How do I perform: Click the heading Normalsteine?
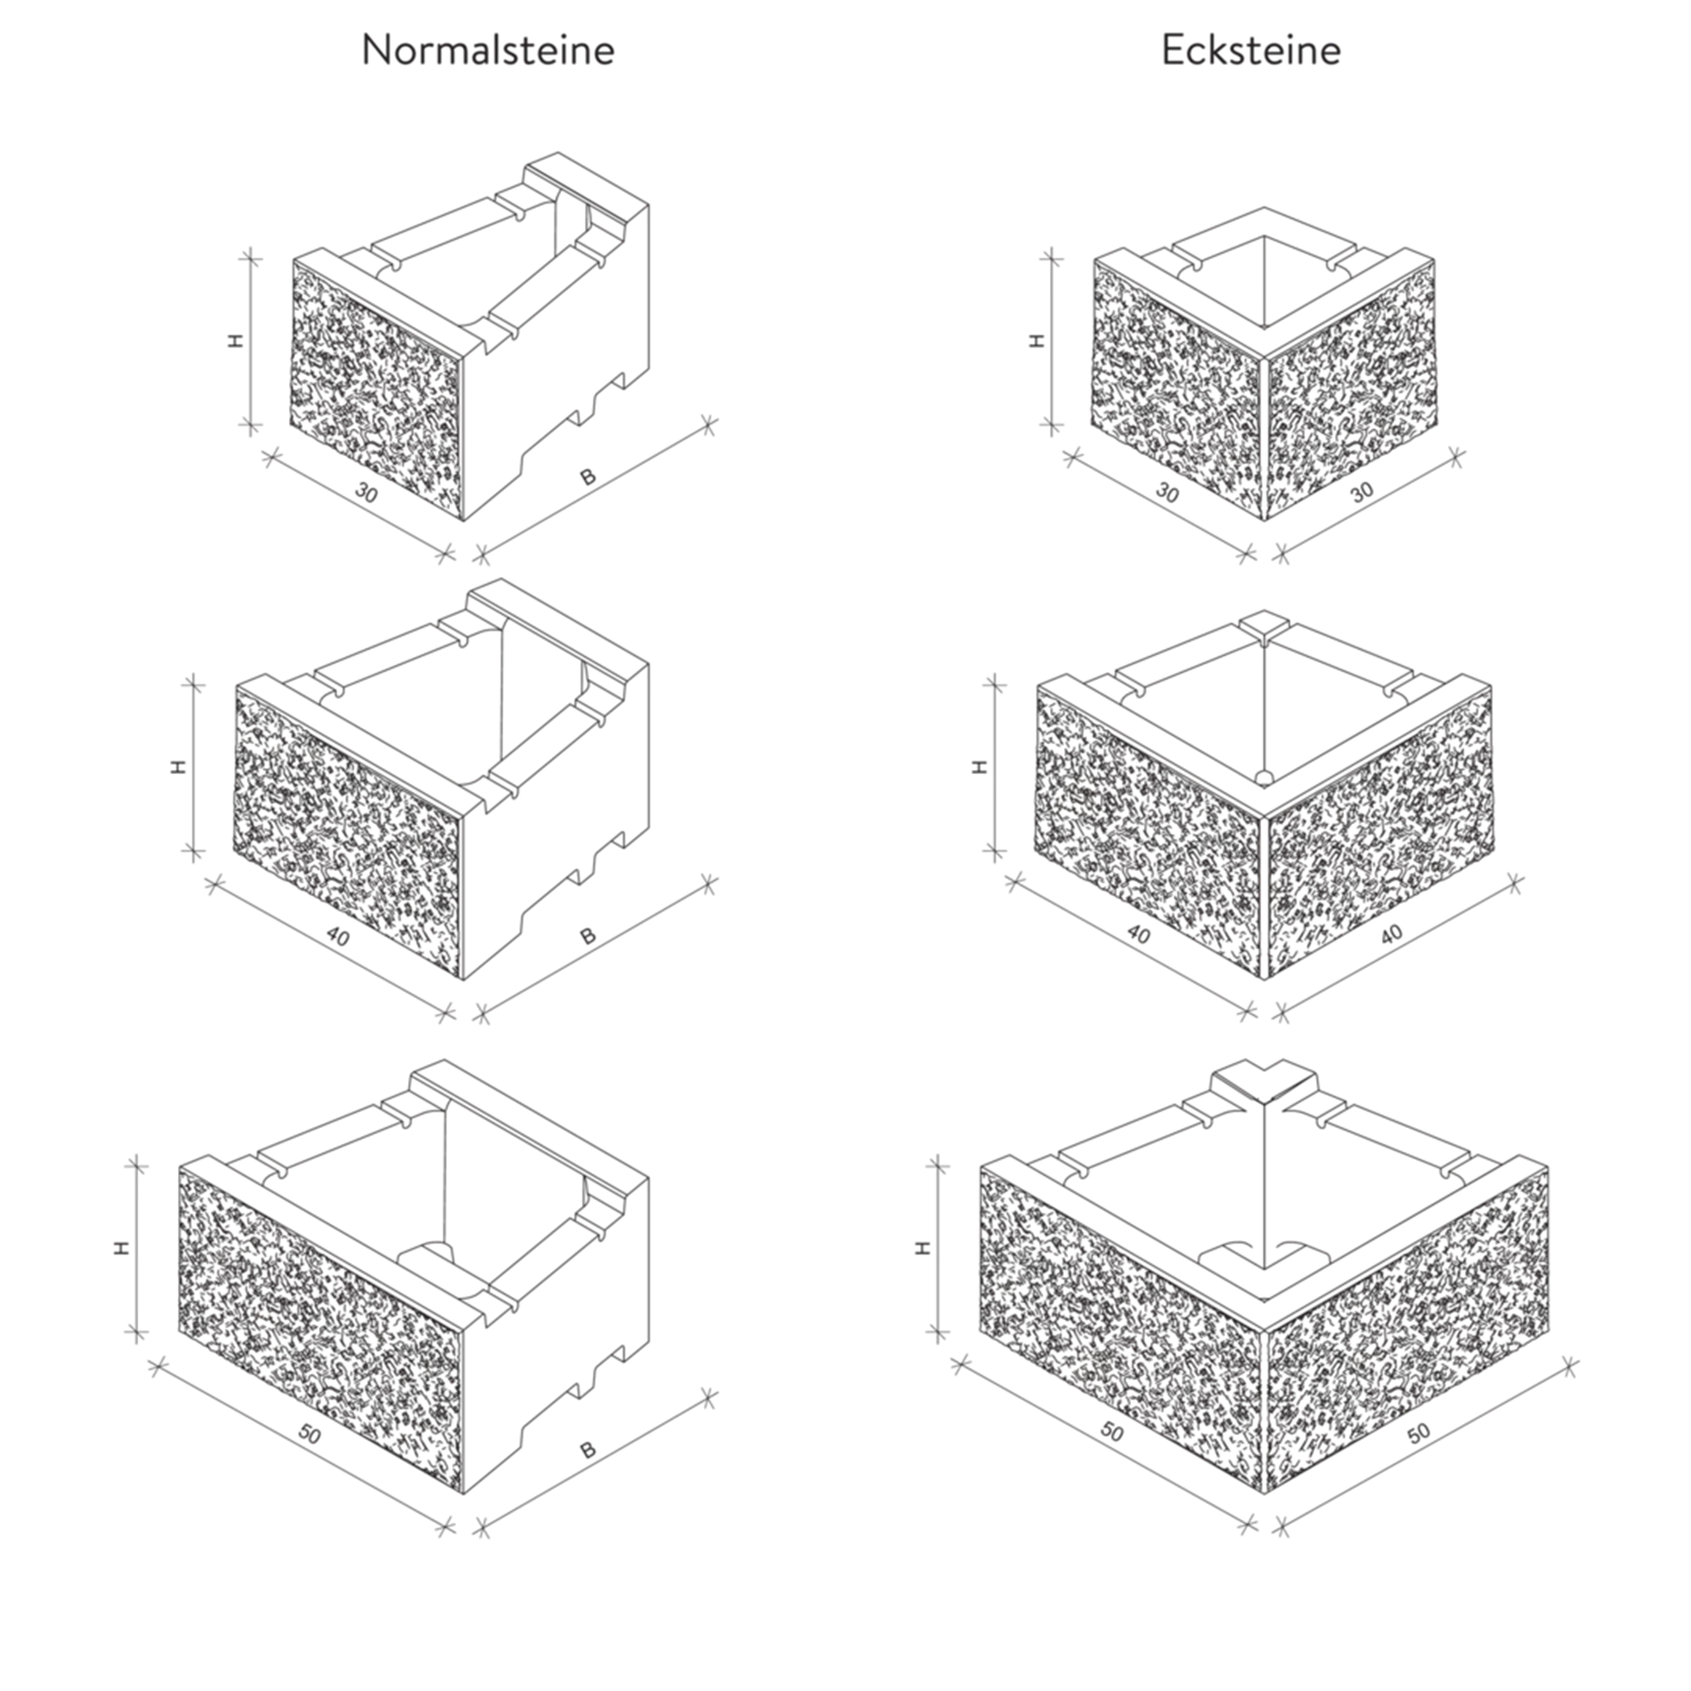(x=488, y=50)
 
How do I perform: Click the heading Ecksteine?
(x=1251, y=50)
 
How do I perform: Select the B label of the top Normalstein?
(x=587, y=477)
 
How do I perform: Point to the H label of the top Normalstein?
(x=235, y=340)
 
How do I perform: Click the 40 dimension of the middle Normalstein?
(x=336, y=935)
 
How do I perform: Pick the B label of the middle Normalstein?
(x=587, y=936)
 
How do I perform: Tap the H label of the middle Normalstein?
(x=179, y=766)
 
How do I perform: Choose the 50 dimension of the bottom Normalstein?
(x=309, y=1433)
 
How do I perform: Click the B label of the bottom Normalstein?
(x=587, y=1450)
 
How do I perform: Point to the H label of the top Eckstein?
(x=1037, y=340)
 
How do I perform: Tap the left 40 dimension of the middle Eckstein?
(x=1138, y=934)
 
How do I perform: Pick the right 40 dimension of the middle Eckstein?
(x=1391, y=934)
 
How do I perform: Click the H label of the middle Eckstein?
(x=979, y=766)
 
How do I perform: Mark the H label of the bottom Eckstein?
(x=922, y=1247)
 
